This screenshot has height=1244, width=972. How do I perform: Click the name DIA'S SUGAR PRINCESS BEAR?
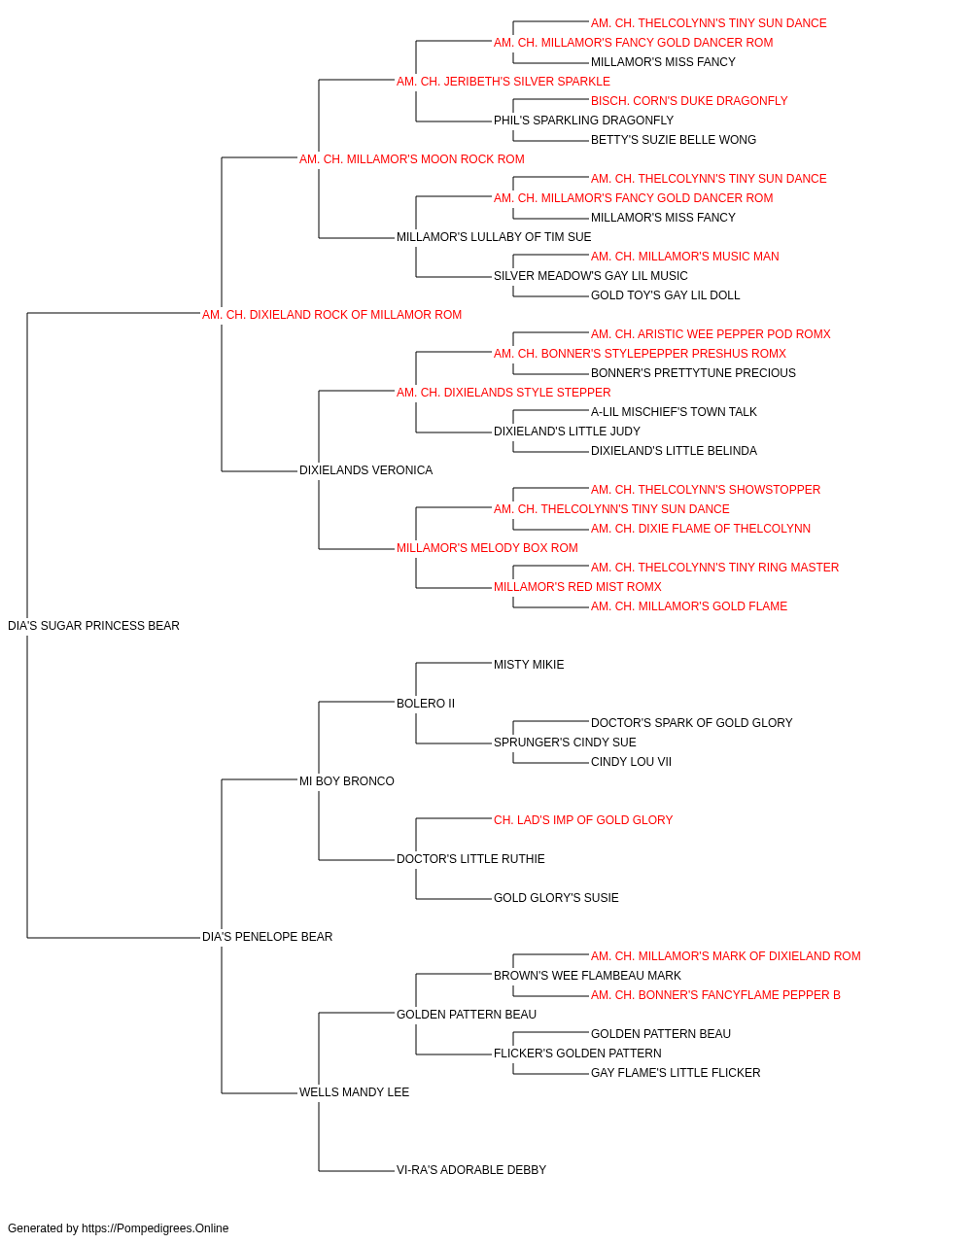93,626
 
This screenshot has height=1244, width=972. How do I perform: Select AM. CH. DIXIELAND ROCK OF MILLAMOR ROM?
331,315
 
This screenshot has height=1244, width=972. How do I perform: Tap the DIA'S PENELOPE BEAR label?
266,937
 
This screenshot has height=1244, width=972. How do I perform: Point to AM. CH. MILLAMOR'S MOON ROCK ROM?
411,159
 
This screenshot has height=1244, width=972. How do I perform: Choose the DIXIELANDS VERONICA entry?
365,470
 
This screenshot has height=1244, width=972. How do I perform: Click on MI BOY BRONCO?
346,781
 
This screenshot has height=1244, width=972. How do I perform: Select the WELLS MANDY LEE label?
354,1092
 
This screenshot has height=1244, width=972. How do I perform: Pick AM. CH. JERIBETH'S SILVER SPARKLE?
503,82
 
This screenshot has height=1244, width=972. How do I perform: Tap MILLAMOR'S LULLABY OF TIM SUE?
494,237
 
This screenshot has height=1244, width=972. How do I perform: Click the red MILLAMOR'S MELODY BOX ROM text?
487,548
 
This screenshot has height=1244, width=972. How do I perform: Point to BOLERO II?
426,704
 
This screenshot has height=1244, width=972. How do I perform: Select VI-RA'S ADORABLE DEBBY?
471,1170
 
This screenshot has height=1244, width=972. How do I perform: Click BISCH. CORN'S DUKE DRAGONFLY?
689,101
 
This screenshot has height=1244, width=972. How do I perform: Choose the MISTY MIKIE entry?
529,665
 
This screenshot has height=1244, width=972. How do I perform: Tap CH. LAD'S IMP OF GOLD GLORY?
583,820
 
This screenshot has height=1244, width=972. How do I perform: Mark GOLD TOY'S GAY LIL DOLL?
665,295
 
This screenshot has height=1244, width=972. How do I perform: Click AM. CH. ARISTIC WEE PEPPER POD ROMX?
711,334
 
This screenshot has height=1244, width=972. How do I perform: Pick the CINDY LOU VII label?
631,762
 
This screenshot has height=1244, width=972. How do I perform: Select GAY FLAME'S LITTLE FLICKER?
676,1073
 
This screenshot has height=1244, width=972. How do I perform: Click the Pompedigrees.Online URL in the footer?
155,1228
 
